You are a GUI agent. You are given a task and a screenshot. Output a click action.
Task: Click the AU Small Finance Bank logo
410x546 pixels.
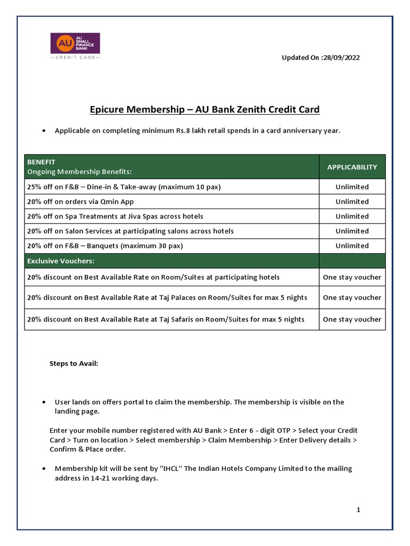75,46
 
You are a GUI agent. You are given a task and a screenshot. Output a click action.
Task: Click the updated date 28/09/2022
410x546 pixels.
340,58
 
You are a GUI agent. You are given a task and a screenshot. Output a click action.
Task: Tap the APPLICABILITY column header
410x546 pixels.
352,167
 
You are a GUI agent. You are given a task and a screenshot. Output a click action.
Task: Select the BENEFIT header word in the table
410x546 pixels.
41,162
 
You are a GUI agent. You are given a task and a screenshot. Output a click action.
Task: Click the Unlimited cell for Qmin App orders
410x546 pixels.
352,202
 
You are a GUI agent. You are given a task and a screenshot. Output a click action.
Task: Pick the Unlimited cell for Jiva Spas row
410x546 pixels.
352,216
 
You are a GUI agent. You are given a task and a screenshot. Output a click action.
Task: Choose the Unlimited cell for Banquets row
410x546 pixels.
352,246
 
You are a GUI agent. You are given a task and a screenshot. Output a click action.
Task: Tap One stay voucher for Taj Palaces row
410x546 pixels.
352,298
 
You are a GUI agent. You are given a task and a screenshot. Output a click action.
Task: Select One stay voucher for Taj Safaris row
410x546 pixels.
352,319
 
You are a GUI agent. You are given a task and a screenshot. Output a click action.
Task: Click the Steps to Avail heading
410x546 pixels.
74,363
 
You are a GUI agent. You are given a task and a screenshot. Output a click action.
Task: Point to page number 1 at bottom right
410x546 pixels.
359,510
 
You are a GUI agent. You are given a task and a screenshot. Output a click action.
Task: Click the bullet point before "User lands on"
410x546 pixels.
43,403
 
